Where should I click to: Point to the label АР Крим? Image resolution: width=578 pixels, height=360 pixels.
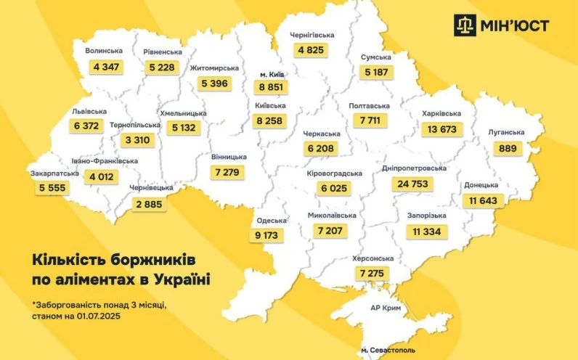(x=386, y=308)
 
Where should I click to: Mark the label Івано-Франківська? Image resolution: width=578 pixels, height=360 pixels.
(x=105, y=160)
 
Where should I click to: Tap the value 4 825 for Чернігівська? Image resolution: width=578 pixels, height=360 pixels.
(x=312, y=50)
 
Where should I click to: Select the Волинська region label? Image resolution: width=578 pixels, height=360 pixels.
(x=104, y=52)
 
